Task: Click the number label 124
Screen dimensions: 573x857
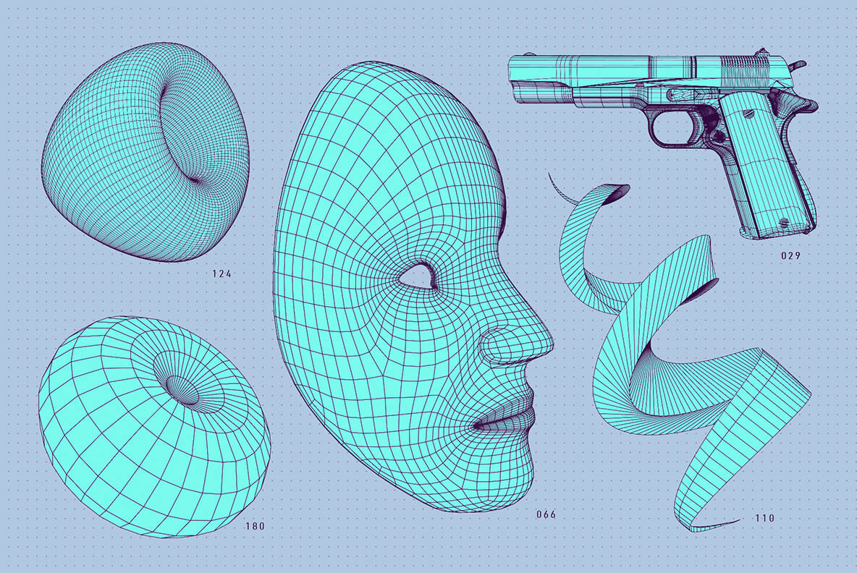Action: pyautogui.click(x=222, y=273)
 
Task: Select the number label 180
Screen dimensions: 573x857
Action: pyautogui.click(x=255, y=526)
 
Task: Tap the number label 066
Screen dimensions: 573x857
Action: pyautogui.click(x=546, y=515)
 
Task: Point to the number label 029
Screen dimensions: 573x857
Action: pyautogui.click(x=790, y=255)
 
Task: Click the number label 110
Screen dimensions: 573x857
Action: pyautogui.click(x=764, y=518)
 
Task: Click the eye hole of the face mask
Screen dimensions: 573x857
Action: pyautogui.click(x=415, y=277)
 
